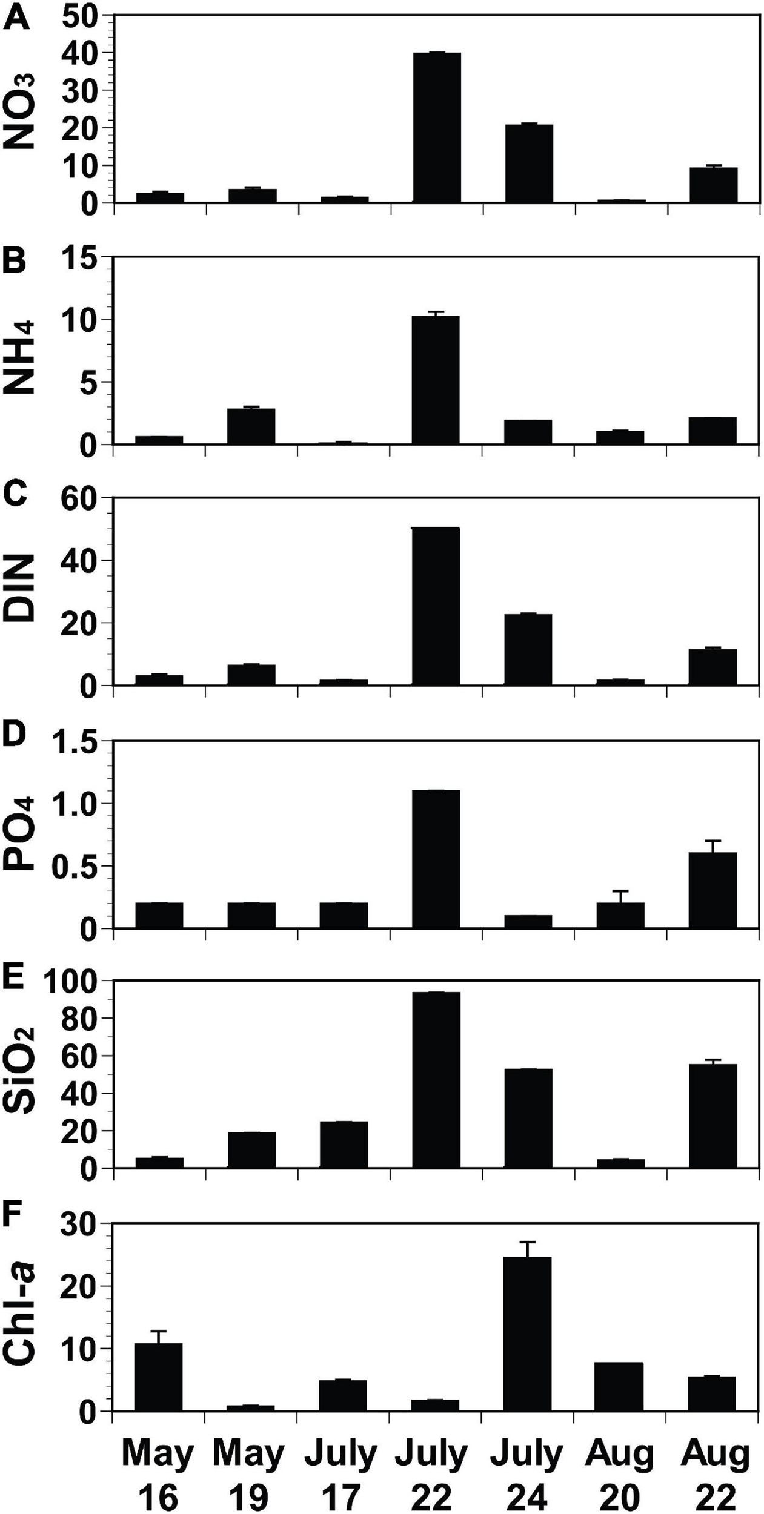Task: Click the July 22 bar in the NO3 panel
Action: pos(436,127)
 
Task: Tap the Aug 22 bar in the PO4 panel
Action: pos(713,890)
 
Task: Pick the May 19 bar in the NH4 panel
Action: pos(251,426)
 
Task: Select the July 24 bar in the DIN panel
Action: pos(528,649)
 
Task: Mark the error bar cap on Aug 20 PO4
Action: pos(620,891)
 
